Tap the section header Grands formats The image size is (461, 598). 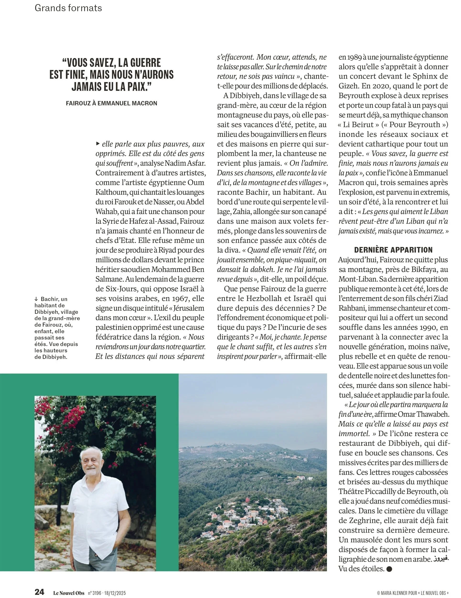(68, 8)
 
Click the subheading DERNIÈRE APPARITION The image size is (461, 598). (393, 250)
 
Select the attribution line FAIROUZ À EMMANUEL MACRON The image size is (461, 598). (112, 104)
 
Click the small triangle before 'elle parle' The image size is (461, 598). (98, 144)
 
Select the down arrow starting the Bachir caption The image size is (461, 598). (36, 299)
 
